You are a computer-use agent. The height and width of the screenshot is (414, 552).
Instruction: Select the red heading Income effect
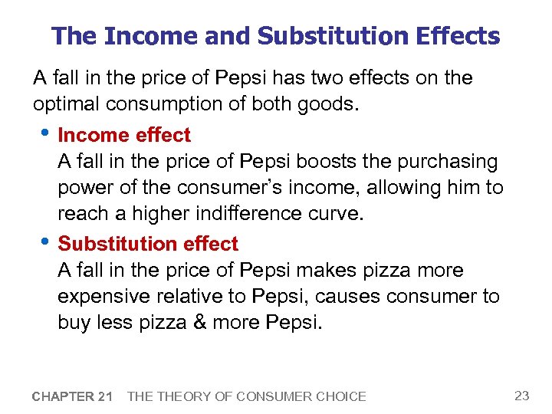click(124, 135)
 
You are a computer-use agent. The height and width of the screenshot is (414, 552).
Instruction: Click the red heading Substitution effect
click(148, 244)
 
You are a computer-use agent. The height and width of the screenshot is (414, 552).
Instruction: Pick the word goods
click(330, 103)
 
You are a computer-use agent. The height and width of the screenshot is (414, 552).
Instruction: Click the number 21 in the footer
click(105, 396)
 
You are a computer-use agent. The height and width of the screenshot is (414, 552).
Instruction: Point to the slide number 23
click(521, 396)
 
